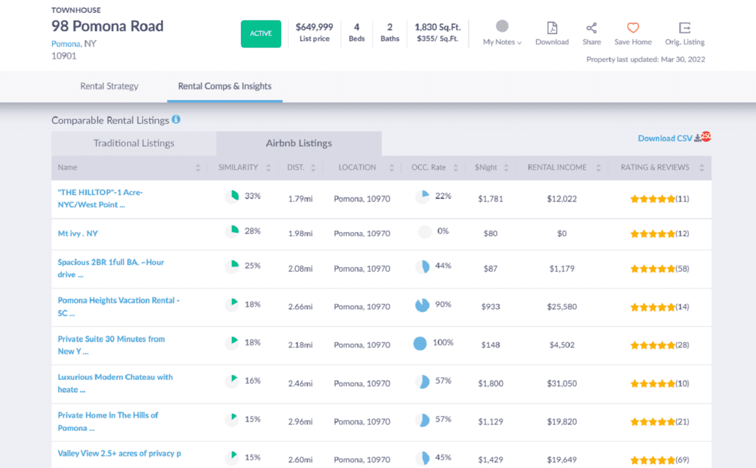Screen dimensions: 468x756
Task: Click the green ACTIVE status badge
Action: tap(261, 34)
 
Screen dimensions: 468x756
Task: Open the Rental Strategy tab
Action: tap(109, 86)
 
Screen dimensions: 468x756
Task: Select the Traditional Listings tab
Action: tap(134, 143)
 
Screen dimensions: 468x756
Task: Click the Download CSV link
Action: tap(665, 138)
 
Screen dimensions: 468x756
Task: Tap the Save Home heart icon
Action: tap(633, 28)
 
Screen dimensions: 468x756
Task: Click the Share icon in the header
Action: tap(591, 28)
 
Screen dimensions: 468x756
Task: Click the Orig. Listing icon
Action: tap(684, 28)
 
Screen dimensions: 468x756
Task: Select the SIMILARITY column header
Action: tap(238, 167)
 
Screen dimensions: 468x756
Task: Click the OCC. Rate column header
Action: tap(428, 167)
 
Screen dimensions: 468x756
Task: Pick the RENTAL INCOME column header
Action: tap(557, 167)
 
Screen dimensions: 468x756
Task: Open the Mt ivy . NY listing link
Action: tap(78, 233)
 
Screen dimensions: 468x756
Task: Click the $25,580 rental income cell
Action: tap(562, 307)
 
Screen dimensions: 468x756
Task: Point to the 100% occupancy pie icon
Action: tap(420, 343)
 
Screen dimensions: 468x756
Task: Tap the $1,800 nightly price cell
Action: tap(490, 383)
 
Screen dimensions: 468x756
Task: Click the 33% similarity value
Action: tap(252, 196)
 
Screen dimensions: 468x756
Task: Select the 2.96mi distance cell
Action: tap(300, 422)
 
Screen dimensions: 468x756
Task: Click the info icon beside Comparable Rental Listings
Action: tap(176, 119)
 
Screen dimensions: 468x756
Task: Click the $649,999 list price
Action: tap(314, 27)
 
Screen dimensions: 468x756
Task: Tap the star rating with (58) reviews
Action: tap(653, 269)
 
